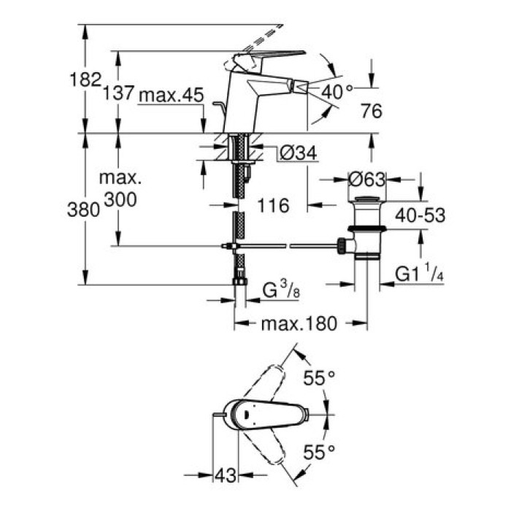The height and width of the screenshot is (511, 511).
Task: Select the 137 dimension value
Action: [117, 93]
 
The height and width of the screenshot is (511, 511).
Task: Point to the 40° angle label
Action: [337, 91]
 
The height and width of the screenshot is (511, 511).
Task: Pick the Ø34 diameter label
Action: [297, 153]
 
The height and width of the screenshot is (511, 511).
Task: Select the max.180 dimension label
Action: [299, 323]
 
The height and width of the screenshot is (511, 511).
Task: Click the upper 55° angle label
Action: [318, 378]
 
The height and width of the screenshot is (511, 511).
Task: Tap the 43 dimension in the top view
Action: [227, 476]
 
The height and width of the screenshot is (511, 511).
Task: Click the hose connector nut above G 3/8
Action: [238, 280]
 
